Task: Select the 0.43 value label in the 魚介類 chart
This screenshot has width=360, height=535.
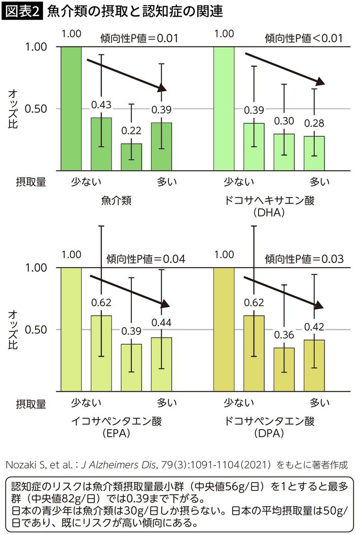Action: pyautogui.click(x=101, y=105)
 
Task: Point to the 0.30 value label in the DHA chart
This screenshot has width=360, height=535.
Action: pyautogui.click(x=284, y=121)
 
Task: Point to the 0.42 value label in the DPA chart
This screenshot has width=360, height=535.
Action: pyautogui.click(x=314, y=326)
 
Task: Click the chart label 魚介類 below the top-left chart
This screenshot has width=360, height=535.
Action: pyautogui.click(x=117, y=201)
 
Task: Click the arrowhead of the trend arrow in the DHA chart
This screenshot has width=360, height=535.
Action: pyautogui.click(x=320, y=82)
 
